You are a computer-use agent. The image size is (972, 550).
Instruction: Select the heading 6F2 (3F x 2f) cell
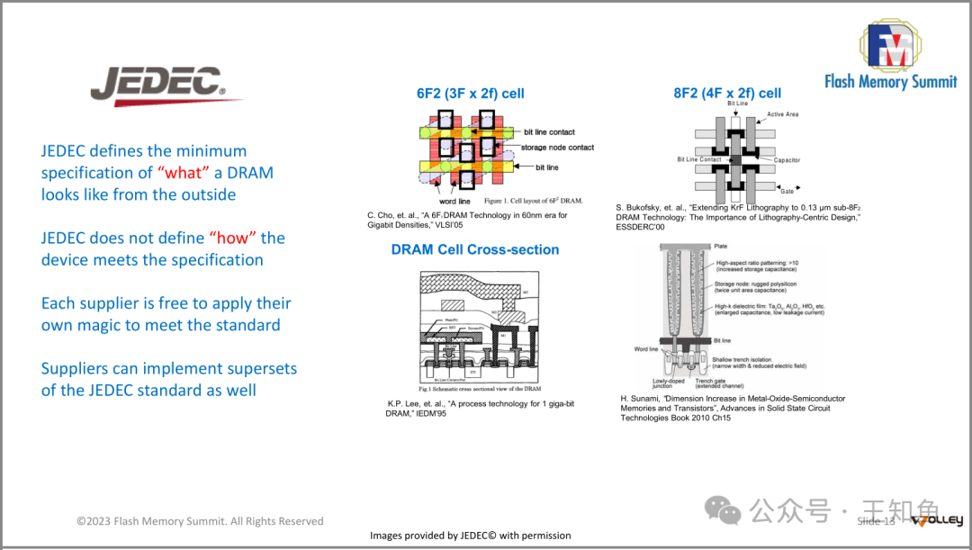[471, 94]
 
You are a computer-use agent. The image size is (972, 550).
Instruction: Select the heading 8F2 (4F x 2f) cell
[727, 94]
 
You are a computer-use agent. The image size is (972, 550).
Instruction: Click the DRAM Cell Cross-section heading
[475, 249]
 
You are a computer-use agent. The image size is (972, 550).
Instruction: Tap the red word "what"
[187, 173]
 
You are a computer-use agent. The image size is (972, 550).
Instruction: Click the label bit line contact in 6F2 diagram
[549, 132]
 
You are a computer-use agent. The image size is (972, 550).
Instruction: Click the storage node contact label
[557, 148]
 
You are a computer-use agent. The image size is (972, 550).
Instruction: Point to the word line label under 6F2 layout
[454, 202]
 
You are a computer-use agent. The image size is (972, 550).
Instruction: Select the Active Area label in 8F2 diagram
[782, 114]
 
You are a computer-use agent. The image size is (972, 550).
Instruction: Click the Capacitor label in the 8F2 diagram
[787, 160]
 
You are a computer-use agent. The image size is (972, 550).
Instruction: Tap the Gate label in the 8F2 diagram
[787, 191]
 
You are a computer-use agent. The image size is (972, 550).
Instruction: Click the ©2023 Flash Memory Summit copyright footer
[199, 521]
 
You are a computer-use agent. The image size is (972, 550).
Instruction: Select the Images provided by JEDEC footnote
[471, 536]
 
